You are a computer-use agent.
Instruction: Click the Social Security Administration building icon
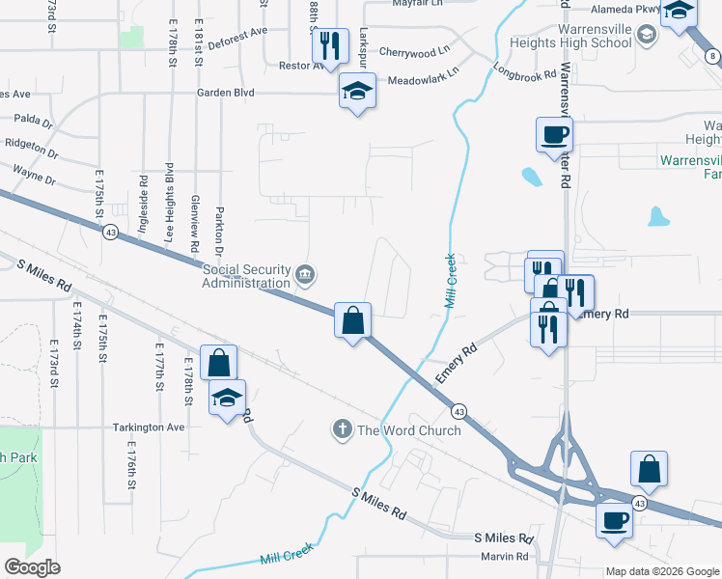(x=305, y=275)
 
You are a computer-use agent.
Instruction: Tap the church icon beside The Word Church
(x=343, y=429)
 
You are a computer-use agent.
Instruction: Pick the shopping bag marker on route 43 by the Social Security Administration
(x=353, y=319)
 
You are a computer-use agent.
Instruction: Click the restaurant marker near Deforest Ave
(x=330, y=45)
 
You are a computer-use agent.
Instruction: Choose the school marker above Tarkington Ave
(x=227, y=398)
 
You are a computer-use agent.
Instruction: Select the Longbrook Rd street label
(x=524, y=72)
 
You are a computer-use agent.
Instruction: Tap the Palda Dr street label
(x=33, y=122)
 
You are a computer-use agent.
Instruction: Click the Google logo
(x=32, y=567)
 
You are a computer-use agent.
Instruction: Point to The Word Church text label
(x=409, y=430)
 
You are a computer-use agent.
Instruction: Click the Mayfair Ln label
(x=416, y=4)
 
